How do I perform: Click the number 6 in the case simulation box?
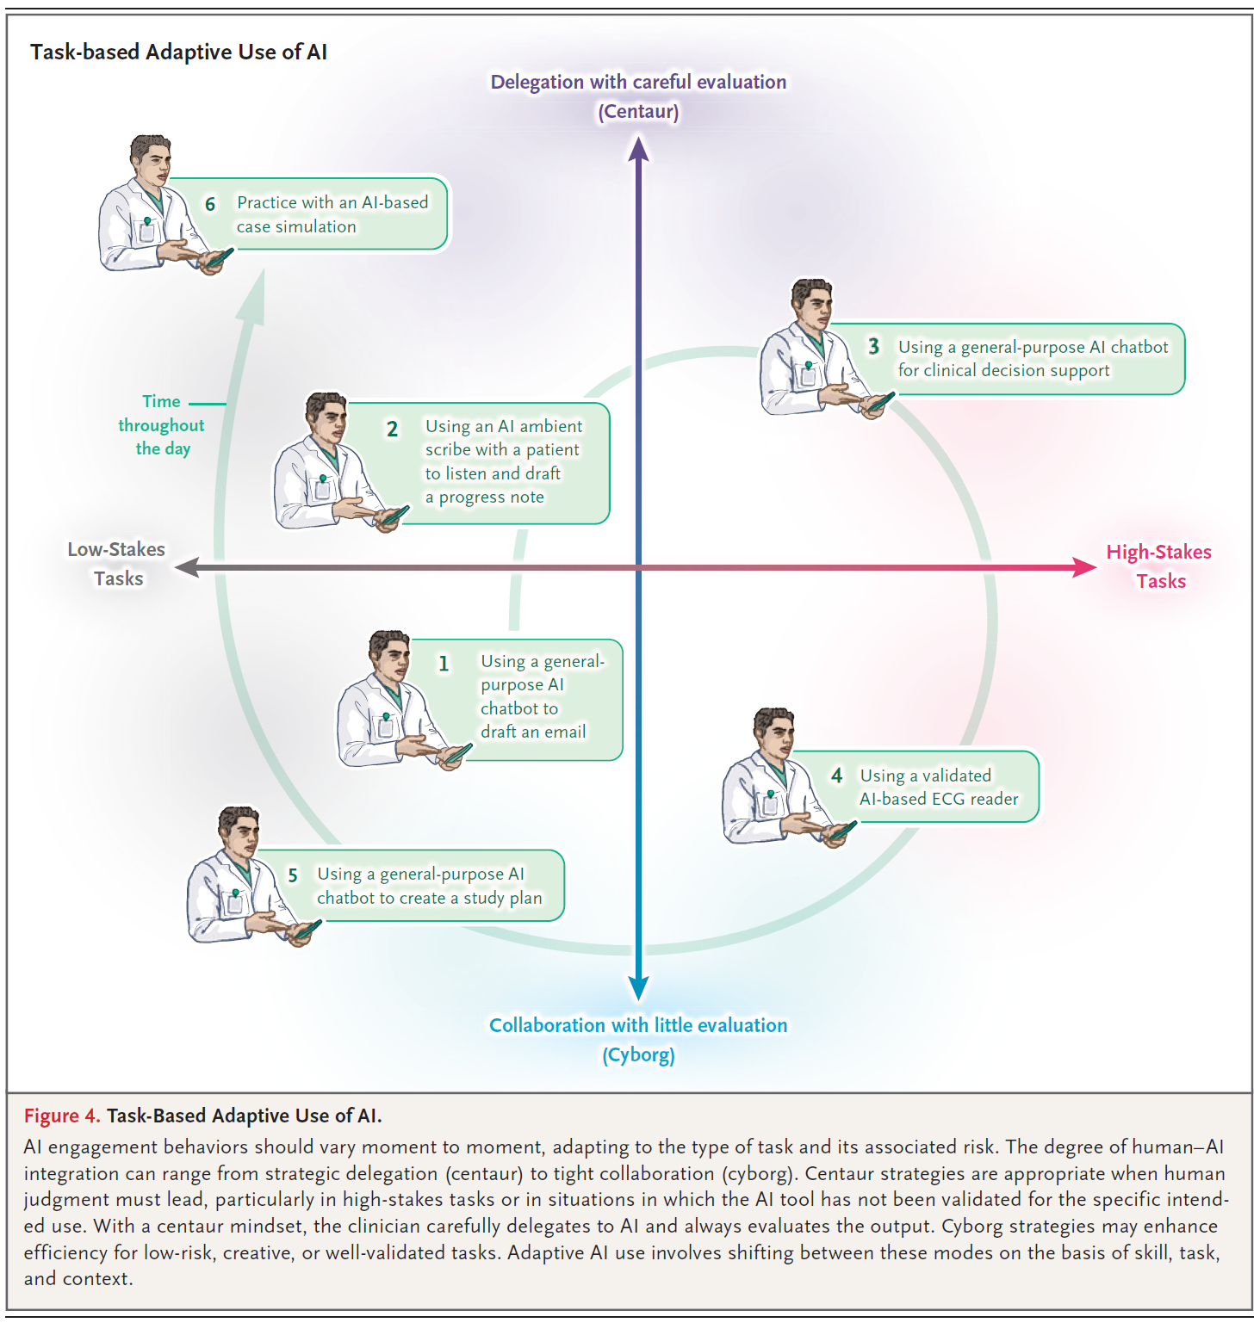210,204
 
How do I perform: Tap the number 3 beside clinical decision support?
873,346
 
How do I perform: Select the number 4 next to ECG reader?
836,776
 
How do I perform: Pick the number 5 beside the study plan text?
293,875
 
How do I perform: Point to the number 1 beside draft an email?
444,664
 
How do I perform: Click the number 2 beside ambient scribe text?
392,429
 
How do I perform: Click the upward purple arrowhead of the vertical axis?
638,150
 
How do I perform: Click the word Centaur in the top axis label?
638,112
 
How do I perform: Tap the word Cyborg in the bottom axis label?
638,1055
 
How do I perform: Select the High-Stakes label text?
1159,553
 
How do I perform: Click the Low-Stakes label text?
116,550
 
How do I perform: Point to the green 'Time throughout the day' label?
162,425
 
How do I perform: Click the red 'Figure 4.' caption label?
62,1116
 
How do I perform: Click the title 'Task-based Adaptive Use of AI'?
178,53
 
